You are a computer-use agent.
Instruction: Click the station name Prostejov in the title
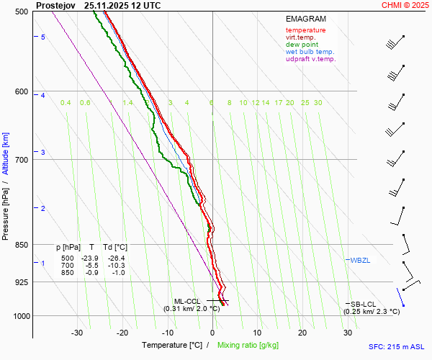click(55, 5)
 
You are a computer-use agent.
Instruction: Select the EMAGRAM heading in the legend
click(306, 18)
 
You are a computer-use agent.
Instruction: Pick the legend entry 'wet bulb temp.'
click(310, 52)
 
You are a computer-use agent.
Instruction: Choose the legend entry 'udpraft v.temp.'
click(310, 59)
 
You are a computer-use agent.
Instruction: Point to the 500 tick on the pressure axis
click(22, 12)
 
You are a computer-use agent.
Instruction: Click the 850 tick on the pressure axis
click(22, 245)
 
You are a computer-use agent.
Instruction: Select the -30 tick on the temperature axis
click(77, 333)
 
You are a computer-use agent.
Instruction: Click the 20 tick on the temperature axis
click(302, 333)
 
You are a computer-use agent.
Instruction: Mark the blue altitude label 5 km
click(43, 37)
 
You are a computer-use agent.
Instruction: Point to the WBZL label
click(360, 260)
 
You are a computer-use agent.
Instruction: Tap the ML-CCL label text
click(187, 301)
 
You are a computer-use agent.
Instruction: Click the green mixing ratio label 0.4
click(66, 103)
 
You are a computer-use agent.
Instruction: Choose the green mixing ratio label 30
click(318, 103)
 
